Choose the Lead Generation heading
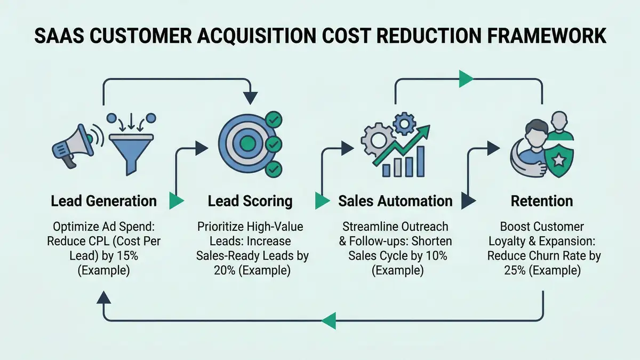pos(104,201)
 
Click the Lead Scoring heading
pos(250,201)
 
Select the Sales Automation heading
pos(395,201)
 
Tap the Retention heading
pos(542,201)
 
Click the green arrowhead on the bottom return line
pos(329,321)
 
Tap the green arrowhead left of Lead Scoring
pos(176,202)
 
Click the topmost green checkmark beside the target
pos(274,118)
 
